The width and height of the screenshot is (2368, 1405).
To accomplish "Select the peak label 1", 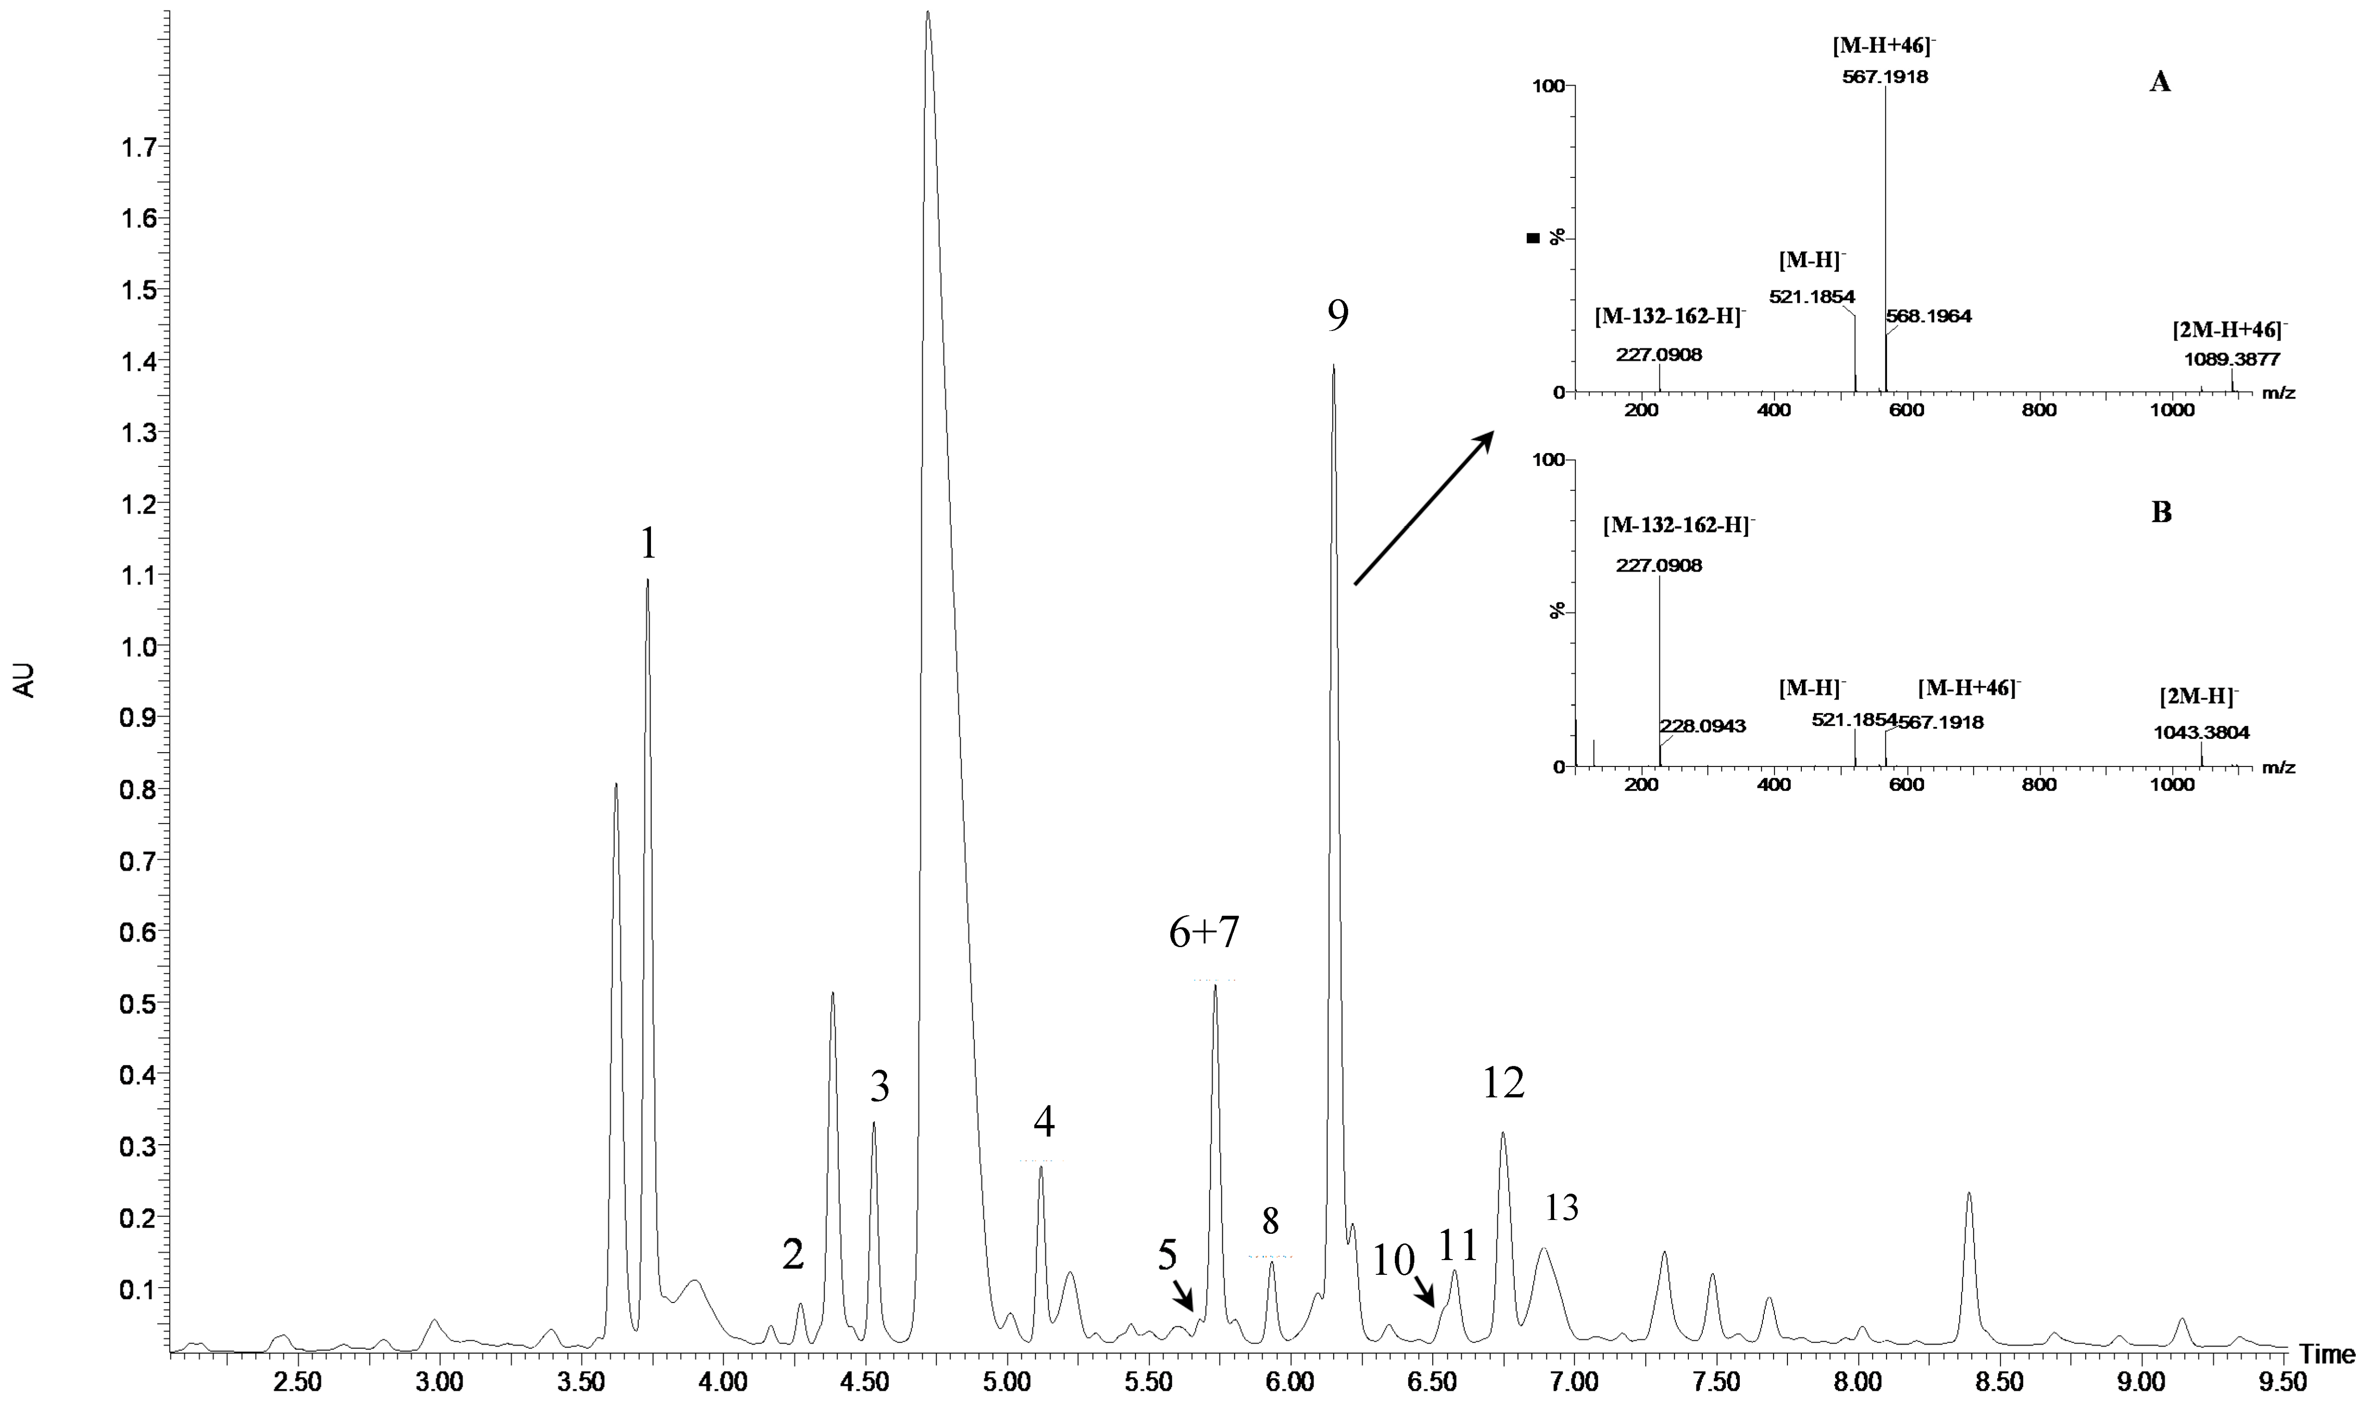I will click(648, 544).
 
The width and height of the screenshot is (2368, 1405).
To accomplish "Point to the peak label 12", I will click(1503, 1082).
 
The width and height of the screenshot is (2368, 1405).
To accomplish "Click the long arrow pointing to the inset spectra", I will click(1422, 508).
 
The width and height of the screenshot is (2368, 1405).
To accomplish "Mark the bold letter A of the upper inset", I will click(2161, 82).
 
